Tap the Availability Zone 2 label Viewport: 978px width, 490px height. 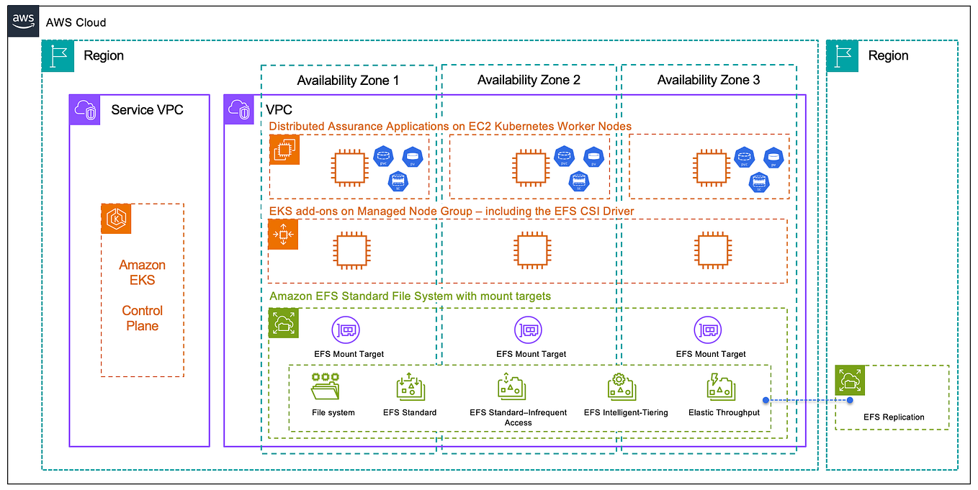pyautogui.click(x=529, y=81)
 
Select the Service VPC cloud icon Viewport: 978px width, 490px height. pyautogui.click(x=85, y=109)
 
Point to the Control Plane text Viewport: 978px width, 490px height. pyautogui.click(x=142, y=318)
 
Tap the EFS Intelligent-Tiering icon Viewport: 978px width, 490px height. pyautogui.click(x=620, y=388)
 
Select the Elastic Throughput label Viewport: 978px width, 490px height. pyautogui.click(x=724, y=412)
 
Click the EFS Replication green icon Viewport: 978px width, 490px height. pyautogui.click(x=850, y=380)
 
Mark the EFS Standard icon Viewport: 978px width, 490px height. pyautogui.click(x=410, y=388)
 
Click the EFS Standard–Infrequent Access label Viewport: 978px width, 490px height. pyautogui.click(x=518, y=417)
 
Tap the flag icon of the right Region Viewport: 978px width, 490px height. pyautogui.click(x=842, y=56)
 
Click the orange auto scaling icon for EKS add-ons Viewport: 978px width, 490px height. pyautogui.click(x=283, y=235)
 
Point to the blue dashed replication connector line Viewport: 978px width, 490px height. pyautogui.click(x=807, y=399)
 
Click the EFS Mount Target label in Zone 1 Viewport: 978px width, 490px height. pyautogui.click(x=349, y=354)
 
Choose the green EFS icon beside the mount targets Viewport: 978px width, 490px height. pyautogui.click(x=283, y=323)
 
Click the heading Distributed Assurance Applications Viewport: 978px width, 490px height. pyautogui.click(x=450, y=127)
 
